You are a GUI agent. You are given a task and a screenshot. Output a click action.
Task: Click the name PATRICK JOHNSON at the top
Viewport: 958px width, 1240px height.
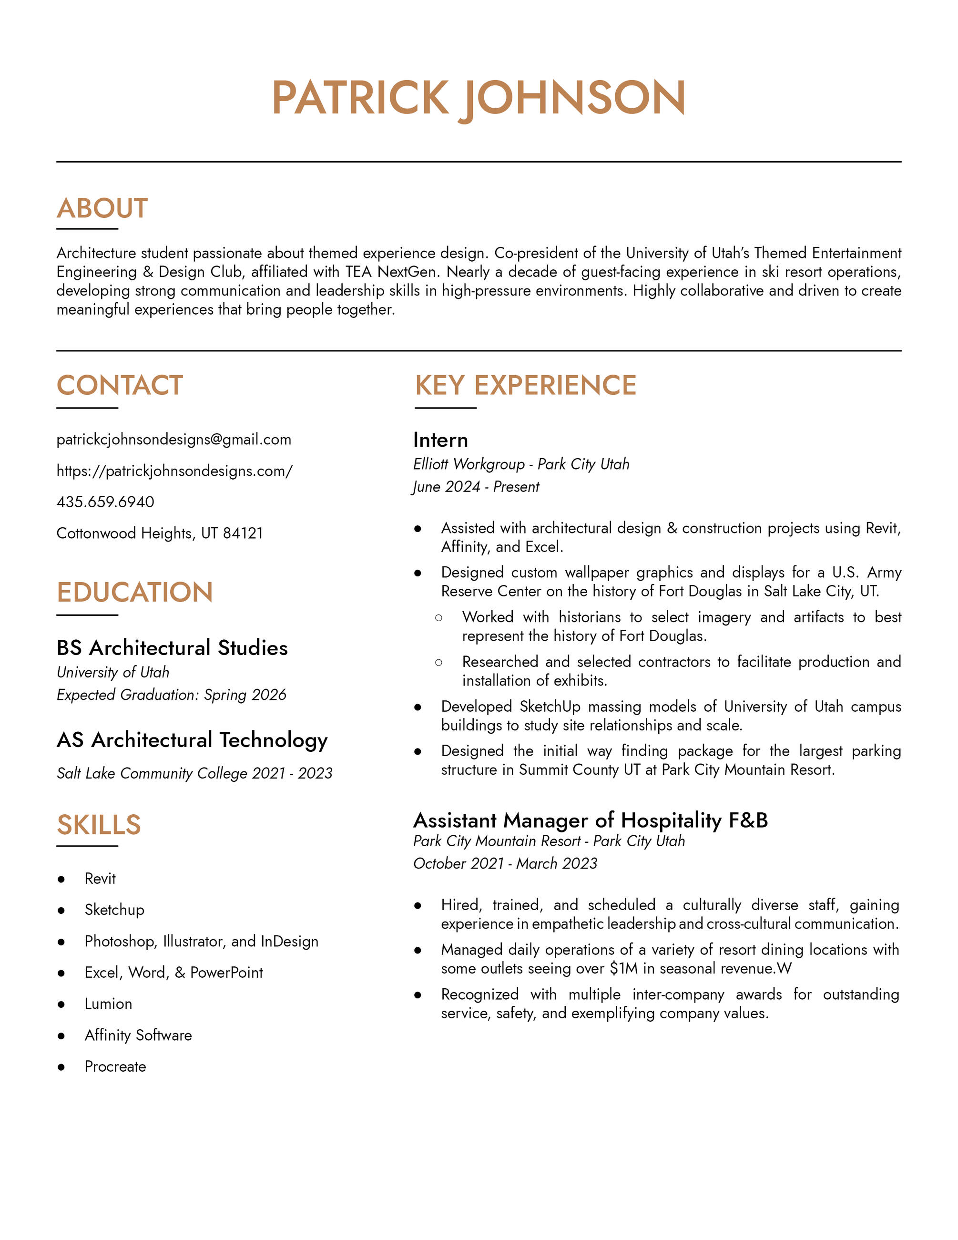(479, 98)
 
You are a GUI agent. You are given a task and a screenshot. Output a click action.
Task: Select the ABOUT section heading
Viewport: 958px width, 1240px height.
(102, 208)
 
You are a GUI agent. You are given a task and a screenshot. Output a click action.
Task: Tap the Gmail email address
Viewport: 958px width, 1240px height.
(173, 439)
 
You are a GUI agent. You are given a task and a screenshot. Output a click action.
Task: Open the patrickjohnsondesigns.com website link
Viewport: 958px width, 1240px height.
(174, 471)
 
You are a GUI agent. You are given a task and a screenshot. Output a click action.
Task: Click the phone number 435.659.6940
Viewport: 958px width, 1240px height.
(105, 502)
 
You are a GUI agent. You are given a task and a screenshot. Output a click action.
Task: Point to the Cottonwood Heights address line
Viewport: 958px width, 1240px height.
(160, 533)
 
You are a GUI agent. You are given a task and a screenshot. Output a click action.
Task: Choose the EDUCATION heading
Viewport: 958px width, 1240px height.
(134, 592)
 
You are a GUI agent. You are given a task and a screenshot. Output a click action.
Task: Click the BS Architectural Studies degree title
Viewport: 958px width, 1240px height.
(172, 648)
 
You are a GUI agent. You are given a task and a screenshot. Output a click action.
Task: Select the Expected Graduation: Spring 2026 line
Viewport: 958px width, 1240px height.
(172, 695)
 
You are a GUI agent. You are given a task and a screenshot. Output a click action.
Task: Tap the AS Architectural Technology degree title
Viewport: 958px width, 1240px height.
(192, 740)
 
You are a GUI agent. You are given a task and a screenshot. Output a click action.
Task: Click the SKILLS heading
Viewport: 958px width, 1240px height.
(99, 825)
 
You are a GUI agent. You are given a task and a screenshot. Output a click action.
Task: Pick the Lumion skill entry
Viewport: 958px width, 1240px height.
(108, 1004)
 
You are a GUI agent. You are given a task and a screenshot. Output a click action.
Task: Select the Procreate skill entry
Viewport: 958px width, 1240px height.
(115, 1066)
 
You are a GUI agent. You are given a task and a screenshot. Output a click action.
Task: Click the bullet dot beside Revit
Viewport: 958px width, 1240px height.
(61, 880)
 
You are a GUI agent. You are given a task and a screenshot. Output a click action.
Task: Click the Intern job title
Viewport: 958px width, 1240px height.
(440, 440)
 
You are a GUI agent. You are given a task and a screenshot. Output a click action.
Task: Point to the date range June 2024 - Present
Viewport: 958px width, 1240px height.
(476, 487)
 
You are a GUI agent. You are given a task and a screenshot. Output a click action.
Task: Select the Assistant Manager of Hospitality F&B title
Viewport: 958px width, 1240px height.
(590, 820)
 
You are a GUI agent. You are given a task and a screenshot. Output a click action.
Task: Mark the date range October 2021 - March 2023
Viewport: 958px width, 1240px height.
(505, 863)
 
